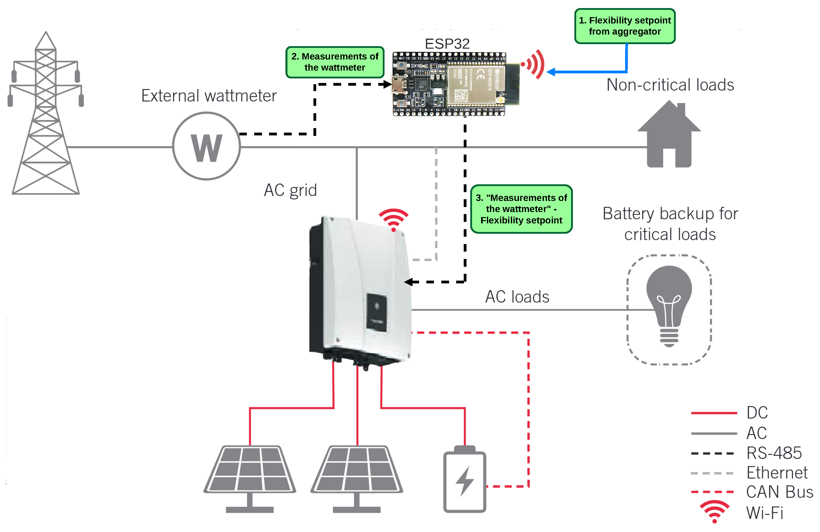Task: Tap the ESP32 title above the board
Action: [x=447, y=44]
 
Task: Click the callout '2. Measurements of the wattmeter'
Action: [x=335, y=62]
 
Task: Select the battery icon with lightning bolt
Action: [x=464, y=480]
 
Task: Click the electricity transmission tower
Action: [x=45, y=117]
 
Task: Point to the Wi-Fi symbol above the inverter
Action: [x=393, y=219]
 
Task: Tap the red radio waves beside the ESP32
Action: [x=534, y=65]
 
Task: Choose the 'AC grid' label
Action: [x=290, y=190]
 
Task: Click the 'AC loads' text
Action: [x=517, y=297]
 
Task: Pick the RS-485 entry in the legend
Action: [x=774, y=453]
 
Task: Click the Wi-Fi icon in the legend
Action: [x=714, y=512]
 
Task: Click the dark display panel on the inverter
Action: [x=376, y=312]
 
